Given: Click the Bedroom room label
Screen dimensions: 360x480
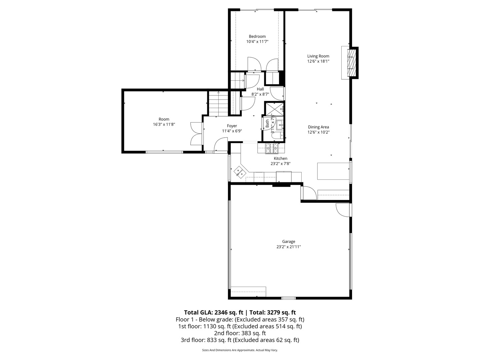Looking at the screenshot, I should pos(257,36).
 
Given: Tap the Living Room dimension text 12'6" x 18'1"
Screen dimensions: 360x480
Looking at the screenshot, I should pos(318,61).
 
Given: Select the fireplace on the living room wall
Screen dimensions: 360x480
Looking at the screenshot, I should pos(351,63).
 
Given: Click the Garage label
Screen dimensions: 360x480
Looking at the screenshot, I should pos(288,242).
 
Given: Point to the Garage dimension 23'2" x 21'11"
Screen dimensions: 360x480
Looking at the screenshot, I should pos(288,247).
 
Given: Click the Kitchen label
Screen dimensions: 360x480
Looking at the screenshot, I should pos(280,158).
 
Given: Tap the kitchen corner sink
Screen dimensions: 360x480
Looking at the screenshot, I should pos(240,172).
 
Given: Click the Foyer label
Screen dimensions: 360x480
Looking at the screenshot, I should pos(232,126).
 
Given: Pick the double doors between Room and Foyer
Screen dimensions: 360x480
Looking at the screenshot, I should pos(196,133).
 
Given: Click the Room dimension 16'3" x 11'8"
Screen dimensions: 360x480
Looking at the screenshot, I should pos(164,124).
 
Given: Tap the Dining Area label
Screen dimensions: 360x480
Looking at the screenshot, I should pos(318,127).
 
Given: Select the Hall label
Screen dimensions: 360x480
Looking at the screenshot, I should pos(260,89).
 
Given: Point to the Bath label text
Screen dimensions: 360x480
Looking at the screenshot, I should pos(267,124).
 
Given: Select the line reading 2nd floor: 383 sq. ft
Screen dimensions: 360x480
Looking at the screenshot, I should pos(240,333).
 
